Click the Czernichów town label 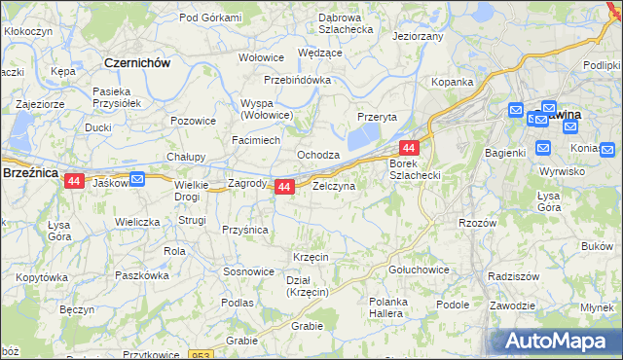(137, 62)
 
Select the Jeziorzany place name (418, 36)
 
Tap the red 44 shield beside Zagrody (284, 186)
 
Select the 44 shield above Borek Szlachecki (409, 148)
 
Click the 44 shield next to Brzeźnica (74, 180)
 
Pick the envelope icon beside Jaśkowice (137, 178)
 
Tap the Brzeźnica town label (31, 171)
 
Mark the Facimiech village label (256, 140)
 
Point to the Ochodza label (318, 155)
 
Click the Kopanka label (453, 83)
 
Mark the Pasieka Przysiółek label (118, 96)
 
